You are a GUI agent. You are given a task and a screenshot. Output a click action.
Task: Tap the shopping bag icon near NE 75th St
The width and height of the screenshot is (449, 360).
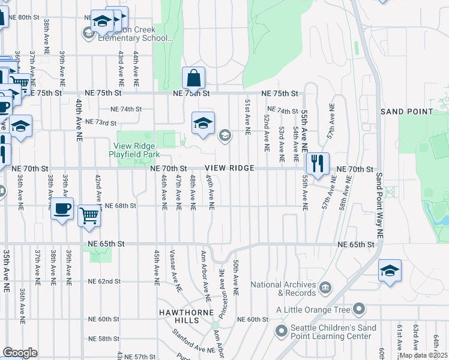click(x=194, y=78)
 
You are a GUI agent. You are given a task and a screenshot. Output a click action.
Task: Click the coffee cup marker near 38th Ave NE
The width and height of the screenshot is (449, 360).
click(x=62, y=209)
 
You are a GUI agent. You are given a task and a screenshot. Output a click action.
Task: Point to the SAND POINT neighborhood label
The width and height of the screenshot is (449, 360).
click(x=407, y=112)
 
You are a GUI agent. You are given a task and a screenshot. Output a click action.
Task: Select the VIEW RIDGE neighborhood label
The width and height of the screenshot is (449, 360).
click(x=229, y=169)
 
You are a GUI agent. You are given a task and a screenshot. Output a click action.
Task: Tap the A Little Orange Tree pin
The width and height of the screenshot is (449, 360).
click(x=359, y=310)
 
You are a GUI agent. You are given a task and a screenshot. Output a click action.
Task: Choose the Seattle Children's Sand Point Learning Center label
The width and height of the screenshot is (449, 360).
click(x=334, y=332)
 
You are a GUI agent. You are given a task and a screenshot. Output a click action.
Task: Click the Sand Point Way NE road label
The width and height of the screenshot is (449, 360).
click(x=379, y=204)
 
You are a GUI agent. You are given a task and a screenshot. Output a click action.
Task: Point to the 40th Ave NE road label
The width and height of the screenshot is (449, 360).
click(x=79, y=121)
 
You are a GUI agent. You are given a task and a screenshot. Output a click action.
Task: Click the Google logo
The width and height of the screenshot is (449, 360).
click(x=20, y=352)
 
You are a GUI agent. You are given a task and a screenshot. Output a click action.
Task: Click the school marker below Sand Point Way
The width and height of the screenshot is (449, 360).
click(x=390, y=271)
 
